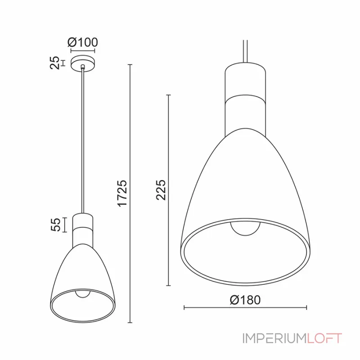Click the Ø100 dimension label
click(83, 42)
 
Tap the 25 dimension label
click(54, 63)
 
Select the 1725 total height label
click(122, 193)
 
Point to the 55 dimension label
click(55, 225)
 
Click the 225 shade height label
click(161, 190)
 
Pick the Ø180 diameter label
click(245, 300)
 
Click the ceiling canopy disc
click(83, 63)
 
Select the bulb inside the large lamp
click(245, 229)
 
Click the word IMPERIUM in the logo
click(274, 338)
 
